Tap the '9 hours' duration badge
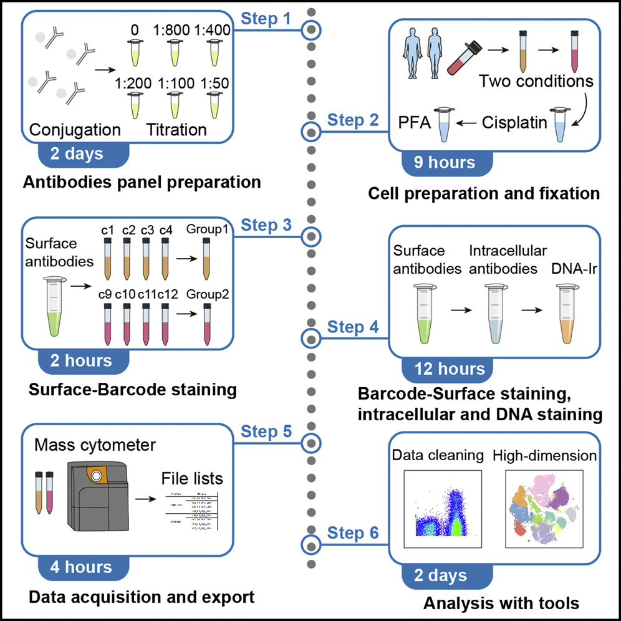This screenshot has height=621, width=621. click(445, 163)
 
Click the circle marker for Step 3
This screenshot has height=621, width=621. click(310, 237)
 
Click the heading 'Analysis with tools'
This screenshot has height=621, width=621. click(501, 603)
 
